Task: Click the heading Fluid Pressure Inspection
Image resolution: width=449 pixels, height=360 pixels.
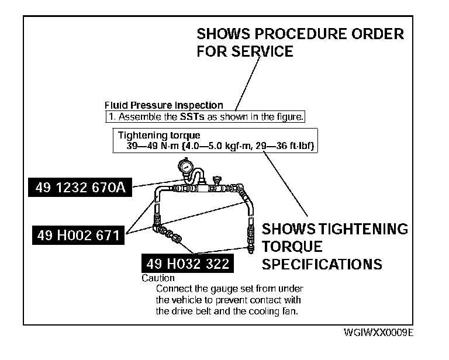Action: coord(164,106)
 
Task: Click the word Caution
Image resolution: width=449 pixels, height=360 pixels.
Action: coord(158,278)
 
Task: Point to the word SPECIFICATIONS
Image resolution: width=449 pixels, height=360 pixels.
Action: coord(322,264)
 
